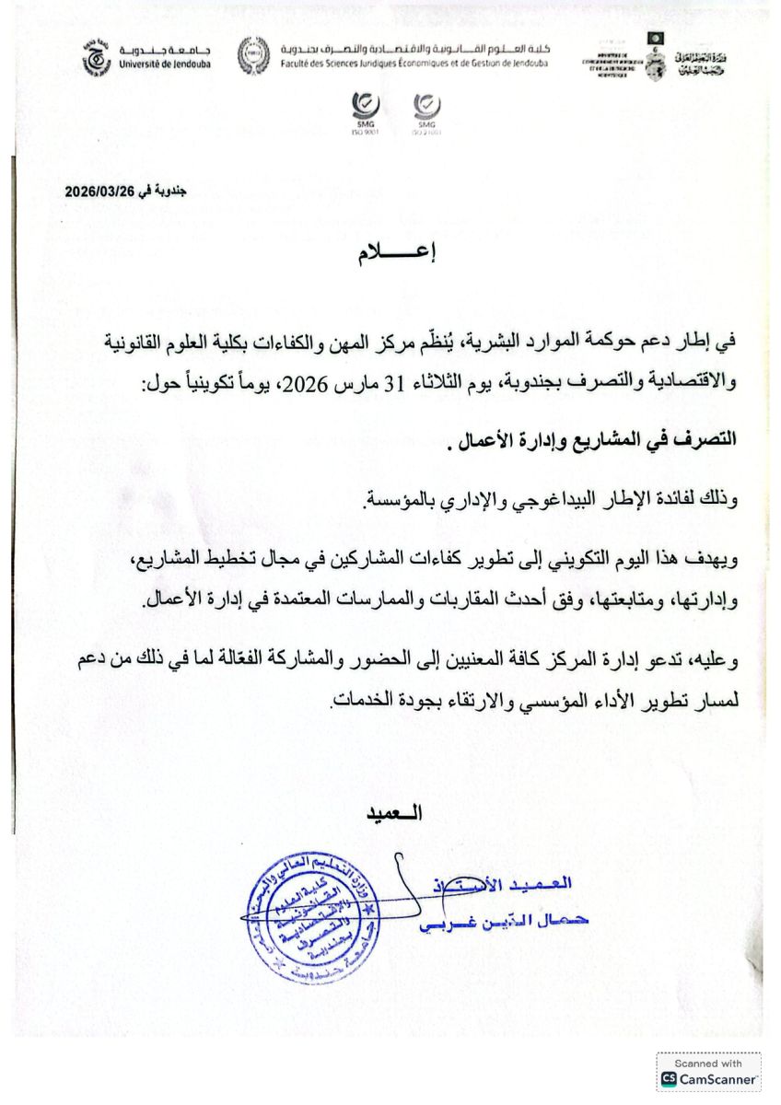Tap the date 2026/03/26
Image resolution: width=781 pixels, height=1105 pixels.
[99, 192]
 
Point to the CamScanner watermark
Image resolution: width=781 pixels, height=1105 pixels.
[708, 1072]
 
